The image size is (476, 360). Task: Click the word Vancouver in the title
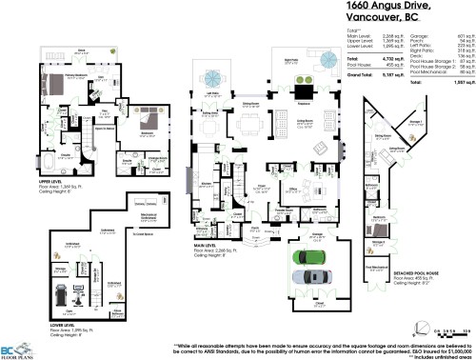[x=374, y=19]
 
